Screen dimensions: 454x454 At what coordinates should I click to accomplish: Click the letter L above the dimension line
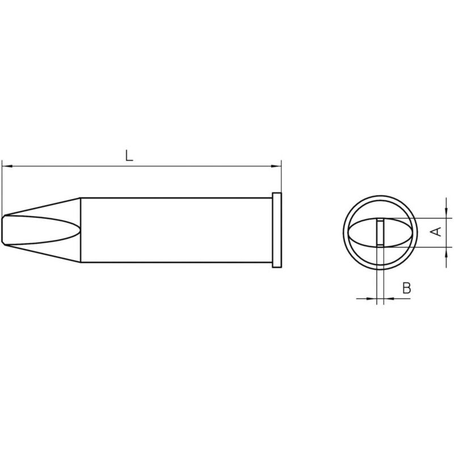129,155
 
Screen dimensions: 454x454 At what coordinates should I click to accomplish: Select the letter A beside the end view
436,232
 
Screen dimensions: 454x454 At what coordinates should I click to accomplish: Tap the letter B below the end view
406,288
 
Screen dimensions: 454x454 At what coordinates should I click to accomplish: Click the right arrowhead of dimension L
278,166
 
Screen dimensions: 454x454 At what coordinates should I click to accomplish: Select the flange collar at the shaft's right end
277,230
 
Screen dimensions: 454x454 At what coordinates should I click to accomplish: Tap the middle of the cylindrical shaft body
176,230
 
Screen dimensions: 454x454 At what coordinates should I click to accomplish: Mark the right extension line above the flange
281,179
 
